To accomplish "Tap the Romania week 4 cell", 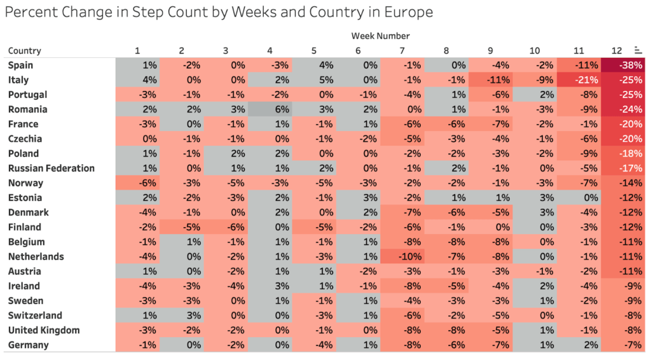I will pos(270,109).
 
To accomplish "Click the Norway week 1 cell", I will pos(137,183).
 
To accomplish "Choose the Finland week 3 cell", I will pos(226,227).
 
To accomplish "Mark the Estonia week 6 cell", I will pos(358,198).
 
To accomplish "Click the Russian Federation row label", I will pos(51,169).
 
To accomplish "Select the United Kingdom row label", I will pos(44,330).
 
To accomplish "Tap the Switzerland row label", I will pos(35,315).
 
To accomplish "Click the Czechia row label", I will pos(25,139).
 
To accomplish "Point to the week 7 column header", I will pos(402,51).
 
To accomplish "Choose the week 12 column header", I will pos(615,51).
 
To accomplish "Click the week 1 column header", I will pos(137,51).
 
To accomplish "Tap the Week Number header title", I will pos(380,36).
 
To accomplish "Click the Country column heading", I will pos(25,51).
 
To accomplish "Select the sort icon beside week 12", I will pos(637,50).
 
